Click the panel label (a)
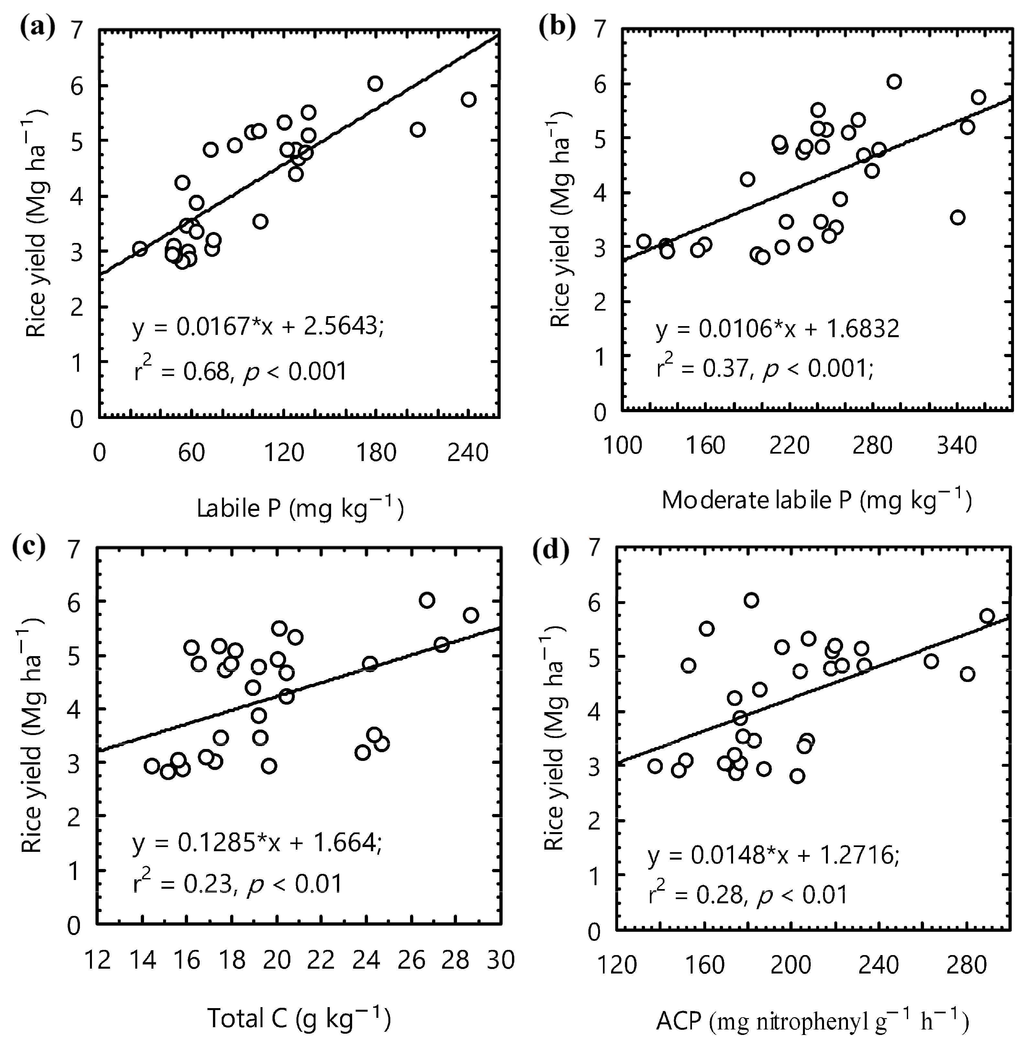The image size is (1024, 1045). tap(37, 27)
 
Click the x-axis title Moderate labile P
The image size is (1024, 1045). tap(816, 500)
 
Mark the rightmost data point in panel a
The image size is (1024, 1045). tap(468, 99)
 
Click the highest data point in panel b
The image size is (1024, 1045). tap(894, 82)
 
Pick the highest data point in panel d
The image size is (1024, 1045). tap(751, 600)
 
